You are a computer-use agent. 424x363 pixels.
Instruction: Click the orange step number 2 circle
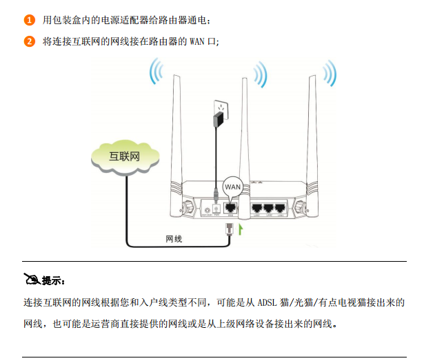point(30,41)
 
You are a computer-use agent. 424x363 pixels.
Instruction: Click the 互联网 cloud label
point(125,156)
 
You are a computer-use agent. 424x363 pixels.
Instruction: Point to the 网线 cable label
point(174,238)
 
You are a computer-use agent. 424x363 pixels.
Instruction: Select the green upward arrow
point(241,228)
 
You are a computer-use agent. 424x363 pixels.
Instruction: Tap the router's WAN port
point(232,207)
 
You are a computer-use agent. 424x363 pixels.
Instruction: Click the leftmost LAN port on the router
point(257,207)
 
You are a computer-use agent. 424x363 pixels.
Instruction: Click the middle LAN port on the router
point(268,207)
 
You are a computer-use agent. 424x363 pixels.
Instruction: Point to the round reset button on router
point(208,208)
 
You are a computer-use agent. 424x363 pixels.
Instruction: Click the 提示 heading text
point(52,280)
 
